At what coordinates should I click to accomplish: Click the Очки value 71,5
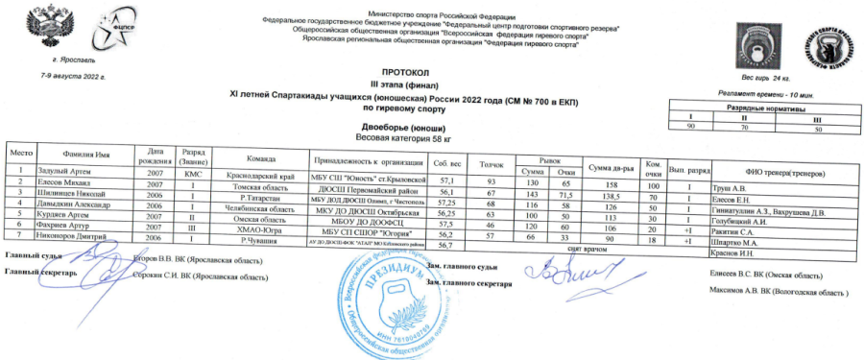(565, 191)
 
